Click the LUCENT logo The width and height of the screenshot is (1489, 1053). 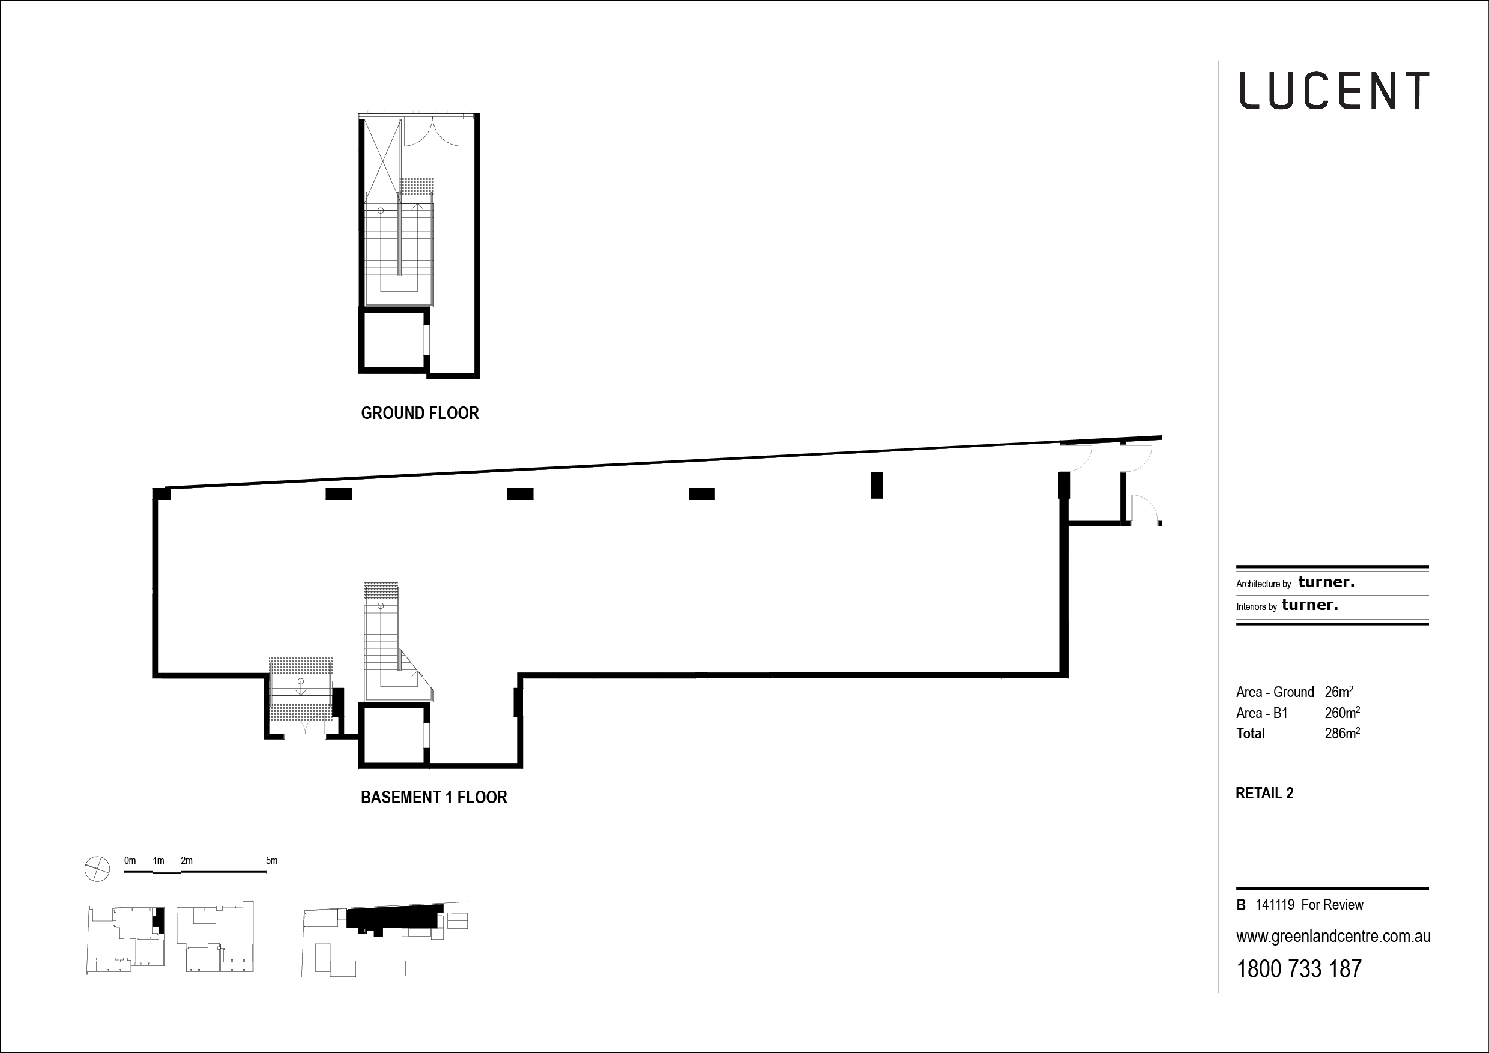coord(1334,91)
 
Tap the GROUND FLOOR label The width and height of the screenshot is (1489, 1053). coord(420,413)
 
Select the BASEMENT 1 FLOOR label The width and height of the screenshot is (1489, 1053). coord(434,797)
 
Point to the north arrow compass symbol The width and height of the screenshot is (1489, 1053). coord(97,869)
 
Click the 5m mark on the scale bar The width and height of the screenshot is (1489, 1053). coord(272,861)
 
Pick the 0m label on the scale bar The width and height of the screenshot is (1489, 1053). coord(130,861)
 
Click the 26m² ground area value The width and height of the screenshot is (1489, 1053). coord(1338,692)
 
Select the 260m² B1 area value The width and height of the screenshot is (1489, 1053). coord(1342,713)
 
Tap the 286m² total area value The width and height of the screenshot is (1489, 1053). coord(1342,734)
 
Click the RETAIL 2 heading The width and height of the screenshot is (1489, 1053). coord(1264,793)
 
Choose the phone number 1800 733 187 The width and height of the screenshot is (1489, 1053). coord(1299,969)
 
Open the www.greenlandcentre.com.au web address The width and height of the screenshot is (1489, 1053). coord(1333,937)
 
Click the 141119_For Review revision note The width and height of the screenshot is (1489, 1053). coord(1309,905)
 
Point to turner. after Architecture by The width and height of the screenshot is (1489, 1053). coord(1326,582)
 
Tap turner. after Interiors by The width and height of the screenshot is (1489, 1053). coord(1310,605)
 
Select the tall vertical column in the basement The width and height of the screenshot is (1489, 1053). coord(877,486)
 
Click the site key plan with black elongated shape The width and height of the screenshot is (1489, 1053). coord(385,940)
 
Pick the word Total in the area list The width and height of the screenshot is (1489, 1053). coord(1251,734)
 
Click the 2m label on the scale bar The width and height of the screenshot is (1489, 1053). coord(187,861)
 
